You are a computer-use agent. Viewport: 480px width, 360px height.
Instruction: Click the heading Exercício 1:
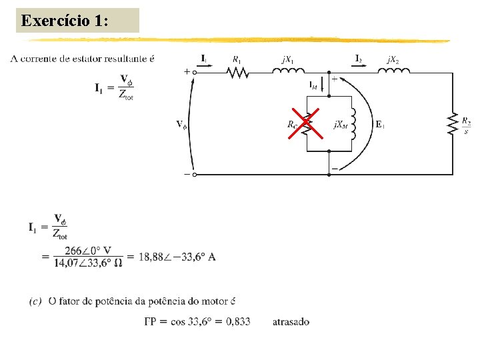[64, 21]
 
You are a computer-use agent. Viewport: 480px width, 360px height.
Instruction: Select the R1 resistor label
[237, 59]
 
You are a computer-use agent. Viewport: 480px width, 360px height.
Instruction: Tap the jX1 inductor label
[288, 59]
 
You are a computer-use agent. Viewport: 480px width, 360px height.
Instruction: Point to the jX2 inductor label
[393, 59]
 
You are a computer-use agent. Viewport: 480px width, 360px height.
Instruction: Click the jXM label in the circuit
[340, 125]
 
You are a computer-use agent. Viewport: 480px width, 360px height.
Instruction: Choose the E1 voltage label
[380, 124]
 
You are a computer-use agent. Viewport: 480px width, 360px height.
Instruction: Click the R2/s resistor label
[467, 125]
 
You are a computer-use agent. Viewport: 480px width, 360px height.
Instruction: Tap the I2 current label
[359, 57]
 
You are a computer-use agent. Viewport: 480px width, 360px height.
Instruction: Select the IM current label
[313, 85]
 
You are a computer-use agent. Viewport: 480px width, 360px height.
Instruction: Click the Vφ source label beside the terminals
[181, 124]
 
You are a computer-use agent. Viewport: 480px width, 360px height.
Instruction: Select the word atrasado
[291, 321]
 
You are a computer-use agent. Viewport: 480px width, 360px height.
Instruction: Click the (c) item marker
[36, 302]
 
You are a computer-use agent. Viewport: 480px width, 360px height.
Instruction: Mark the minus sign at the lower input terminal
[186, 175]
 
